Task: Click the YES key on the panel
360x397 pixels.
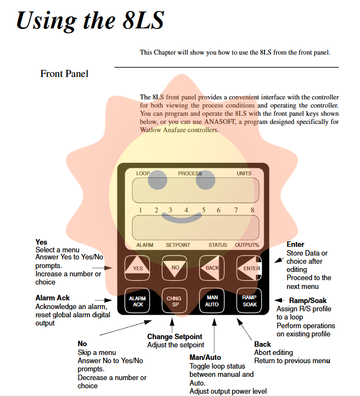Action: [137, 268]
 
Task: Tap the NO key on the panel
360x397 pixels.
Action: [175, 268]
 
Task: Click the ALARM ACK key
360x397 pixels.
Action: [137, 300]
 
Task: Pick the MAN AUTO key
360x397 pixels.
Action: [212, 300]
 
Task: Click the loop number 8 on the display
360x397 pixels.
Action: [253, 210]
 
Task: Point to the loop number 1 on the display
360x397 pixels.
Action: [140, 210]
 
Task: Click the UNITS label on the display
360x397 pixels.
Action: [244, 174]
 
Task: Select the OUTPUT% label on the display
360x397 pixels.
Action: [247, 245]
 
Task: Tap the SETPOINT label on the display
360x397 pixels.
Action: [178, 245]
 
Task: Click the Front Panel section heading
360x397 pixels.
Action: [64, 73]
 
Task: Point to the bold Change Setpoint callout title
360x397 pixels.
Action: [175, 336]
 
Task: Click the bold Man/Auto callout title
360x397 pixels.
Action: [205, 358]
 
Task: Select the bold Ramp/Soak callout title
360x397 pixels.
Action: [308, 301]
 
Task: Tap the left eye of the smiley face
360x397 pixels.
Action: [158, 180]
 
